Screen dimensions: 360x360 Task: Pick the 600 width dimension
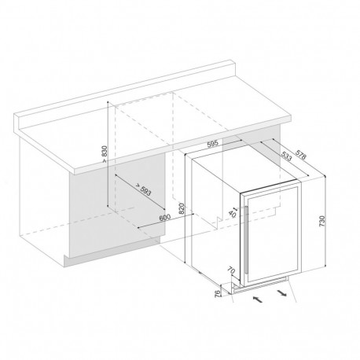[x=163, y=217]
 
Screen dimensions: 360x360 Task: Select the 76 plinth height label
[x=218, y=295]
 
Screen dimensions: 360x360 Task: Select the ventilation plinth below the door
[x=267, y=281]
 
